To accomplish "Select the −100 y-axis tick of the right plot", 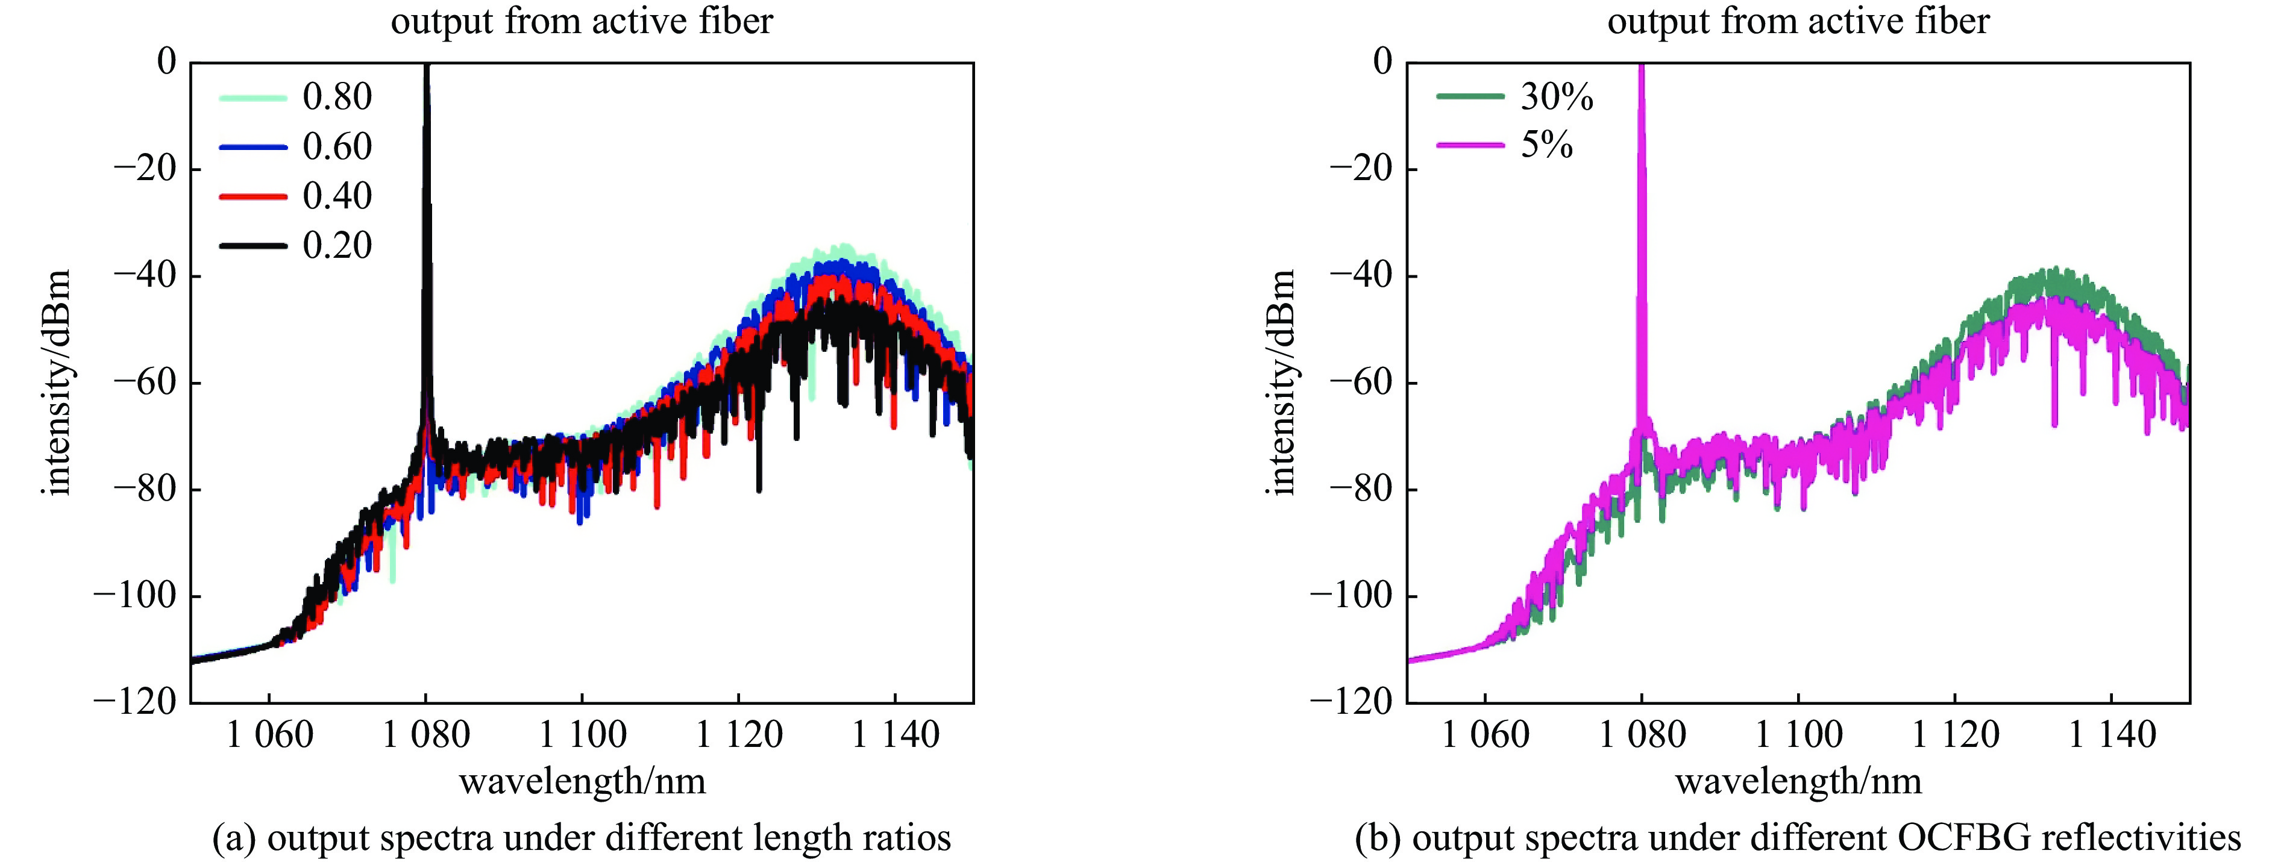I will pyautogui.click(x=1352, y=596).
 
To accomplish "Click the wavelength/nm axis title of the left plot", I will pyautogui.click(x=582, y=781).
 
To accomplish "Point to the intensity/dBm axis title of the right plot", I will pyautogui.click(x=1282, y=382).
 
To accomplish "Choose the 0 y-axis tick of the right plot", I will pyautogui.click(x=1383, y=63).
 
